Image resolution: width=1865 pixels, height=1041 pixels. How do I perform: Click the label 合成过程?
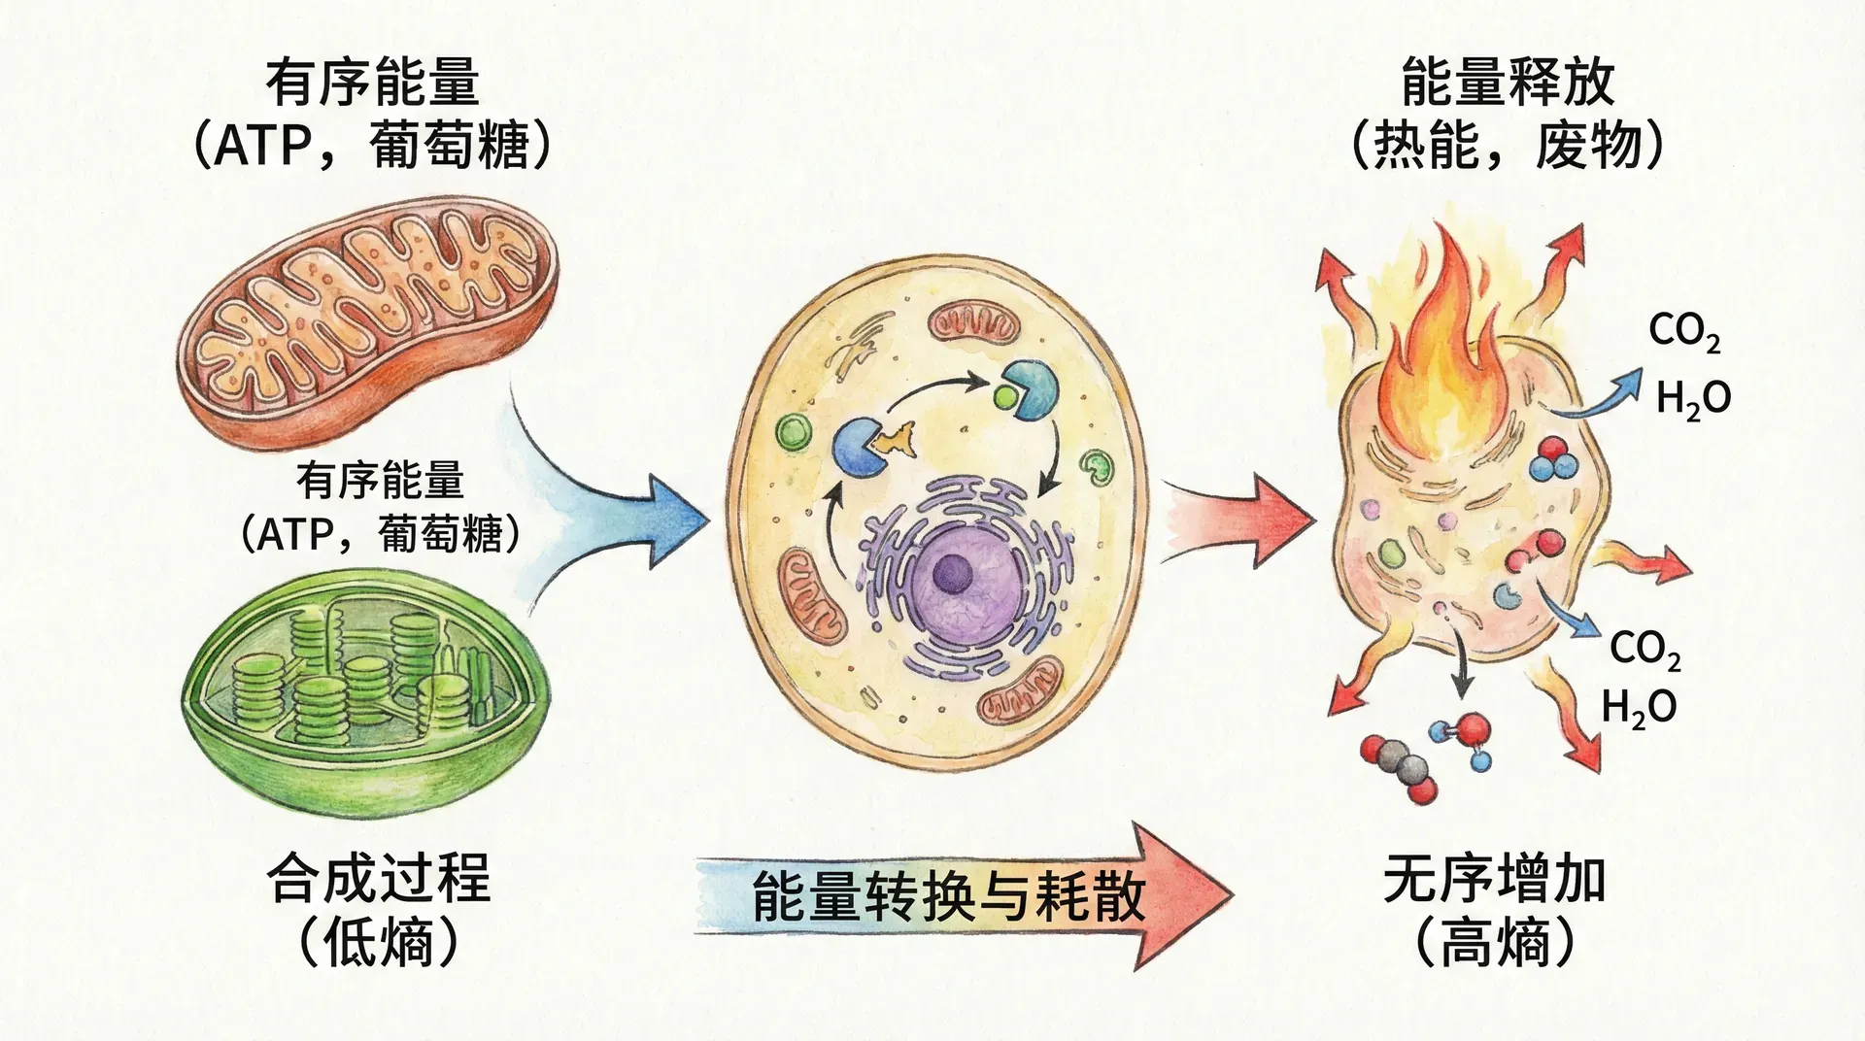click(x=379, y=879)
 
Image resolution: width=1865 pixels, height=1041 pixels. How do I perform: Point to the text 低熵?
click(x=379, y=942)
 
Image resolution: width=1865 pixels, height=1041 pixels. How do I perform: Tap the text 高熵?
click(x=1494, y=942)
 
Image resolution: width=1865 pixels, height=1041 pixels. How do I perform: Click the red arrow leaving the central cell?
click(x=1243, y=520)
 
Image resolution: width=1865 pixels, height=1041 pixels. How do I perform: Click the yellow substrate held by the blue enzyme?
click(x=895, y=441)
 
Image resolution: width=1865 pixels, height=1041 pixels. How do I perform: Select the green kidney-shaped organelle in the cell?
click(x=1098, y=467)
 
